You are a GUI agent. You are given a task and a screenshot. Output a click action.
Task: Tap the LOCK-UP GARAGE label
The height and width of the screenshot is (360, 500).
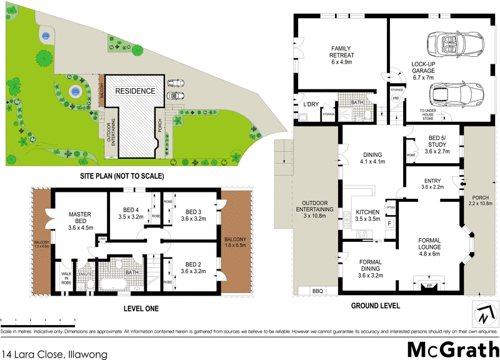pos(426,69)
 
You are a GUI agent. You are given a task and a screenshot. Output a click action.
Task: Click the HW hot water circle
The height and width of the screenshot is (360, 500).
pos(396,98)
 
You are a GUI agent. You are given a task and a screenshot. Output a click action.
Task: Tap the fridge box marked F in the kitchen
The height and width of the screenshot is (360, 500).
pos(389,222)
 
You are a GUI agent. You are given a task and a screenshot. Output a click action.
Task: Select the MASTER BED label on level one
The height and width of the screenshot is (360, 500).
pos(80,221)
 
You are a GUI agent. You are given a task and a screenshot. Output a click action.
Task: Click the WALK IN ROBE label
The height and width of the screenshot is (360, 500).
pos(66,277)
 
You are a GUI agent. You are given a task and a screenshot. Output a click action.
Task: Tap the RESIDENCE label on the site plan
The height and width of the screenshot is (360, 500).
pos(134,91)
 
